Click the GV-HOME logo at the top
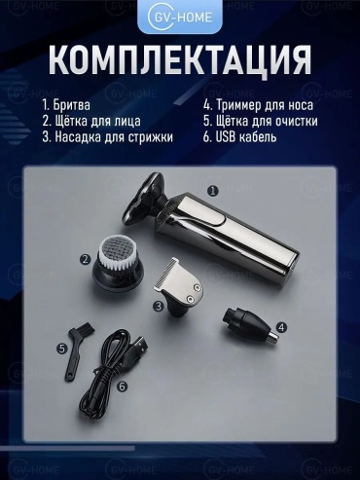(x=180, y=17)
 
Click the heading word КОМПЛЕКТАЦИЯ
(x=180, y=60)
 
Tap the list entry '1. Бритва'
(x=66, y=105)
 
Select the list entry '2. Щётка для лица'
(x=91, y=121)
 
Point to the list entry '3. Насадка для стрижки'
(x=107, y=137)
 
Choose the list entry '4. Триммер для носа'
(x=258, y=105)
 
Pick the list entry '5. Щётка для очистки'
(x=261, y=121)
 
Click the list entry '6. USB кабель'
(x=240, y=137)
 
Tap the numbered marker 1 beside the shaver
(x=213, y=191)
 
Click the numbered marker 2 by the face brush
(x=86, y=259)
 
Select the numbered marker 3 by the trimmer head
(x=159, y=306)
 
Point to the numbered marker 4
(x=281, y=327)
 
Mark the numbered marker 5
(x=61, y=349)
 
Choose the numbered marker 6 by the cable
(x=122, y=387)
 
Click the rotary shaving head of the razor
(x=144, y=199)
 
